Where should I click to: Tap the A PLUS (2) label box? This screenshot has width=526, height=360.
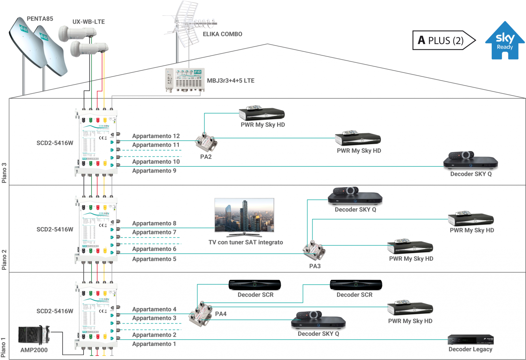441,40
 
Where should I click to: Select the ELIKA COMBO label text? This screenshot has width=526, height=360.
223,34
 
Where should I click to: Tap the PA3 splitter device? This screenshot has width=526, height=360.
314,250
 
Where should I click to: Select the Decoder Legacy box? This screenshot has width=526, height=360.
471,340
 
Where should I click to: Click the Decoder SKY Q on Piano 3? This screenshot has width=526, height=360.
470,160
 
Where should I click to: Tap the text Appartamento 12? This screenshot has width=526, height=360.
156,136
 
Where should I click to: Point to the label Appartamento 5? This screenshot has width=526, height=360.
154,259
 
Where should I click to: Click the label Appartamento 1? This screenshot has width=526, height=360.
154,344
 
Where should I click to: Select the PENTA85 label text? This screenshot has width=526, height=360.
40,18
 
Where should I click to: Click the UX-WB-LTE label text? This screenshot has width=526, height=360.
88,22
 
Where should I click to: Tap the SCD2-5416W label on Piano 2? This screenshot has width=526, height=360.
55,229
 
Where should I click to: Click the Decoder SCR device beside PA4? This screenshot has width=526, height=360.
255,285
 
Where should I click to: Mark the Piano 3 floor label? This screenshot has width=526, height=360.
4,173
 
